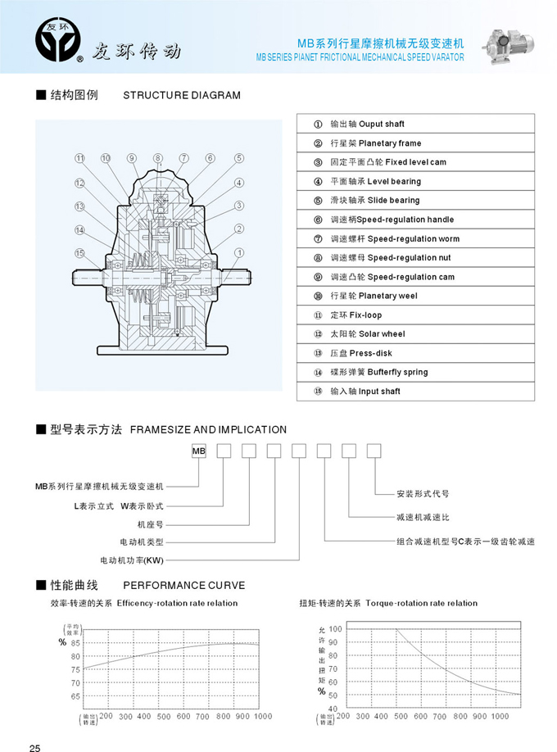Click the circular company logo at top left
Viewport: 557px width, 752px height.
[58, 39]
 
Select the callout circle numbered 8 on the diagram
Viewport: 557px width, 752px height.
[158, 158]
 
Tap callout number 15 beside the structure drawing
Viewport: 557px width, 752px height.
[79, 253]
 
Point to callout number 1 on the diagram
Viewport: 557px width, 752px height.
[239, 253]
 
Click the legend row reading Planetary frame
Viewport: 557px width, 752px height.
[415, 143]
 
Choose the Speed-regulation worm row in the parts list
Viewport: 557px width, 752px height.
[415, 238]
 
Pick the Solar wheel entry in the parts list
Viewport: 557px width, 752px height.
[415, 333]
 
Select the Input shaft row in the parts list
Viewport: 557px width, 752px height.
[415, 391]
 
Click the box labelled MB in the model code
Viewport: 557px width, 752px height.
[198, 451]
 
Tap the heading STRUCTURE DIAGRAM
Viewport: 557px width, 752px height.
[182, 95]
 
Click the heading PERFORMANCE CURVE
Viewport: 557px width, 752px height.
[184, 585]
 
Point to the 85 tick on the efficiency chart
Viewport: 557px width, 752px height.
[75, 643]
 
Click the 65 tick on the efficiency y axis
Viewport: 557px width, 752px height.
[75, 696]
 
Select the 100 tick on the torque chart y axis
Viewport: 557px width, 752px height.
[335, 629]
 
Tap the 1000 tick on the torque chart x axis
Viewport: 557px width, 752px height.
[500, 716]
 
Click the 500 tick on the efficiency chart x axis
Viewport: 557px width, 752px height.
[164, 717]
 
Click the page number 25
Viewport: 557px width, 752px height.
[35, 747]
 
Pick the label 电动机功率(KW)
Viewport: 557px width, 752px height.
[132, 560]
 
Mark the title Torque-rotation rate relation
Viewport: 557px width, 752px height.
[421, 603]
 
